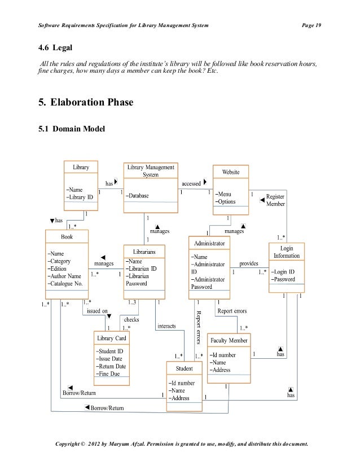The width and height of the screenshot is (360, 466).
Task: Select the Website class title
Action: [230, 171]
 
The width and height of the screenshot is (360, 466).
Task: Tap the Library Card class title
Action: [112, 338]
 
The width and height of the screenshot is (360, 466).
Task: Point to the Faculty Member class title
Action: [230, 341]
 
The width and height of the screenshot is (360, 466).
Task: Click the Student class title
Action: [185, 369]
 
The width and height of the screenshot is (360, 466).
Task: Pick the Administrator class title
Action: [209, 243]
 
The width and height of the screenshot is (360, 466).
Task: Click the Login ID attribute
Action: [286, 271]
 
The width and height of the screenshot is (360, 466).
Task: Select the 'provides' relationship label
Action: [249, 263]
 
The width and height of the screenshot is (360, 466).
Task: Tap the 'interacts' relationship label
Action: [166, 326]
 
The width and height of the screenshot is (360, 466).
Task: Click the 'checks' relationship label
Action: [131, 319]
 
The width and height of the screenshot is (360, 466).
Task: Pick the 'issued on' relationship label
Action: [97, 310]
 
